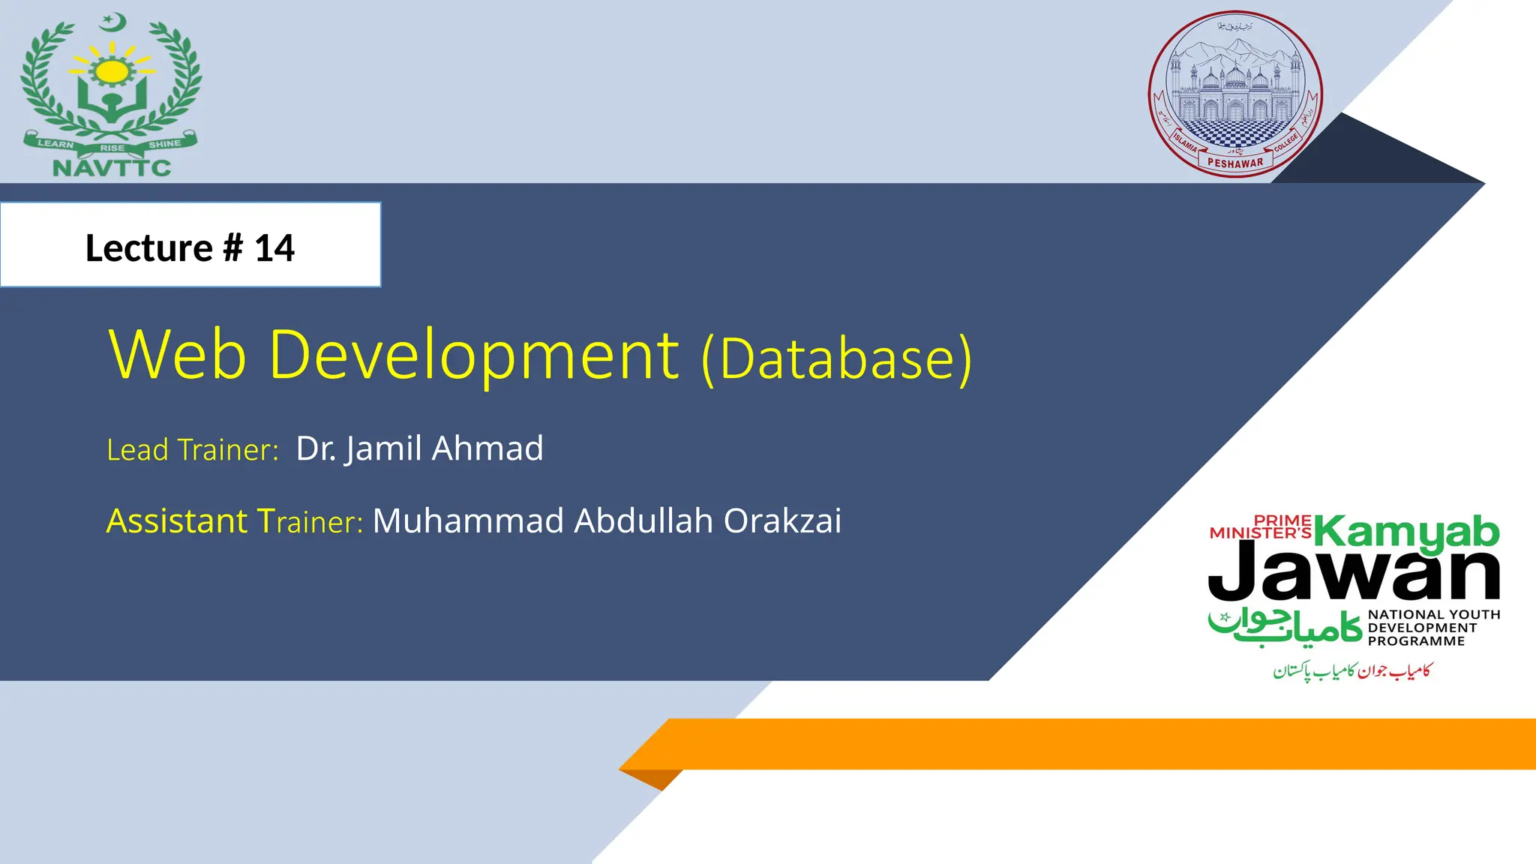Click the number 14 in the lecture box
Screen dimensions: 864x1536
click(x=274, y=248)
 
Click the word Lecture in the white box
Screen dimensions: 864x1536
click(x=148, y=248)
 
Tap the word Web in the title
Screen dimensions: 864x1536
click(x=178, y=355)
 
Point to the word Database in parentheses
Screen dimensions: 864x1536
click(x=836, y=358)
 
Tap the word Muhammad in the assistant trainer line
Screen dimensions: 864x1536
click(x=468, y=520)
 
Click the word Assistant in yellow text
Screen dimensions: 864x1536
click(x=176, y=520)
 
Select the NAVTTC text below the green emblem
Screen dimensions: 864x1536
click(x=112, y=168)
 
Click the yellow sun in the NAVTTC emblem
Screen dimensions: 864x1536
click(x=113, y=71)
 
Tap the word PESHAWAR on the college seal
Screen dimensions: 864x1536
click(x=1234, y=163)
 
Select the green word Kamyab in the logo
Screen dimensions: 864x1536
click(x=1406, y=532)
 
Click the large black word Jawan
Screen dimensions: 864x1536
click(x=1354, y=573)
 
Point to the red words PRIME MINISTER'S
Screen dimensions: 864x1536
click(x=1261, y=527)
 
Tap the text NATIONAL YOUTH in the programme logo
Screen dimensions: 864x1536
click(x=1433, y=615)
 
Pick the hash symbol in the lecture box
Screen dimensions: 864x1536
click(x=233, y=248)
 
